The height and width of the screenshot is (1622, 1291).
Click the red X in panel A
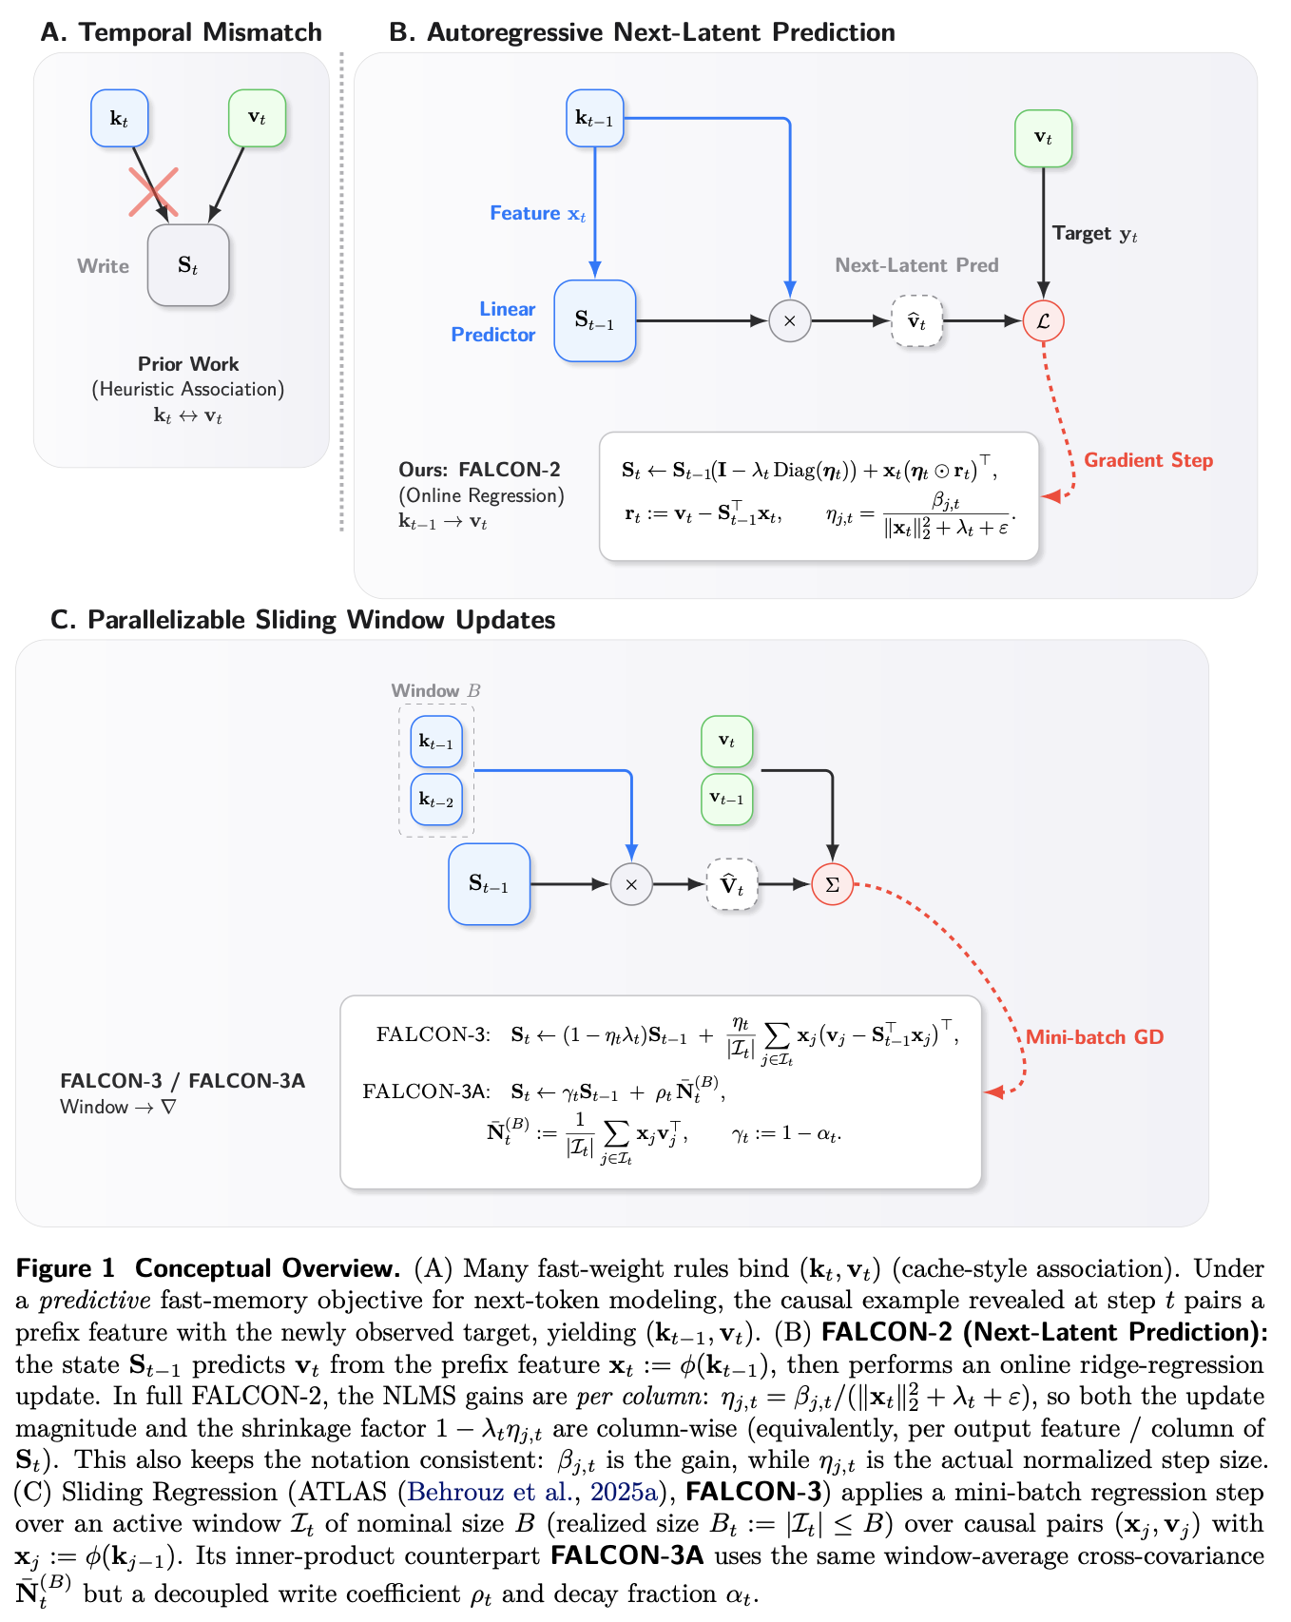153,191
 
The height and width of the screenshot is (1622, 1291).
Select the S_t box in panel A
188,265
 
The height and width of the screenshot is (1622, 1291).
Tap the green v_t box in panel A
257,118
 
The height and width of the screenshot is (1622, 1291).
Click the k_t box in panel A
120,118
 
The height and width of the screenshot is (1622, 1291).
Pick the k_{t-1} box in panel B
595,118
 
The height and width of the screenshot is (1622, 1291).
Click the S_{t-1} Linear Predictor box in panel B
595,320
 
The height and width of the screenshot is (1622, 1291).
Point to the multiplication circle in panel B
789,320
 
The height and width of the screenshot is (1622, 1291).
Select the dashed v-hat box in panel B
916,320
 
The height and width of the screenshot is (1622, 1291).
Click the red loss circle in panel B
1043,320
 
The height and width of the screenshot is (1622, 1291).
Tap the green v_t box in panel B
1043,139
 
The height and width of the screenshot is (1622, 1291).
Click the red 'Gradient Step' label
1148,460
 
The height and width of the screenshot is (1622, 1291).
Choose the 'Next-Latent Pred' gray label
916,265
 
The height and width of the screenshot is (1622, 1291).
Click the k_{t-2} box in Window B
436,800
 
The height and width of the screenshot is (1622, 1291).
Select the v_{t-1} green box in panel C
726,800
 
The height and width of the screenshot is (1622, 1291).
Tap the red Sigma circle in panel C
832,884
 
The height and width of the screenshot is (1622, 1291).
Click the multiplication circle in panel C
631,884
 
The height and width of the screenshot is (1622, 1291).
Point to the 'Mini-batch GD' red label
1094,1037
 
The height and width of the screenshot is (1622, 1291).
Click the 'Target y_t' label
1094,234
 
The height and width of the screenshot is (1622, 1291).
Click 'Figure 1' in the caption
65,1268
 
